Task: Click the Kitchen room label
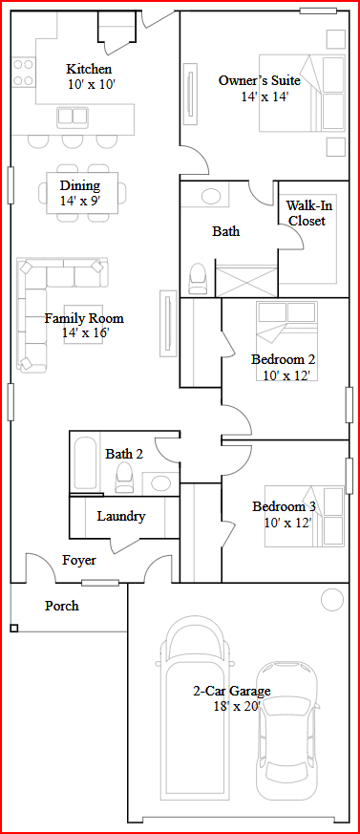(x=89, y=69)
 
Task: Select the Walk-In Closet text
(x=307, y=213)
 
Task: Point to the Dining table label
(x=80, y=185)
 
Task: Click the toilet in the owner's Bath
(x=199, y=278)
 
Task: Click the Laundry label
(x=121, y=516)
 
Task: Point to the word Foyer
(x=79, y=560)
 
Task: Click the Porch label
(x=62, y=606)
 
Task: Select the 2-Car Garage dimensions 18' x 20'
(x=232, y=706)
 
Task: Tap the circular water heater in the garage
(x=331, y=600)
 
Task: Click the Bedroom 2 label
(x=284, y=359)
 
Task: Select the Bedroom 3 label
(x=284, y=506)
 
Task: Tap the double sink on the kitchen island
(x=73, y=117)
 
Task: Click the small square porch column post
(x=14, y=628)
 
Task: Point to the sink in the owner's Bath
(x=210, y=197)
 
